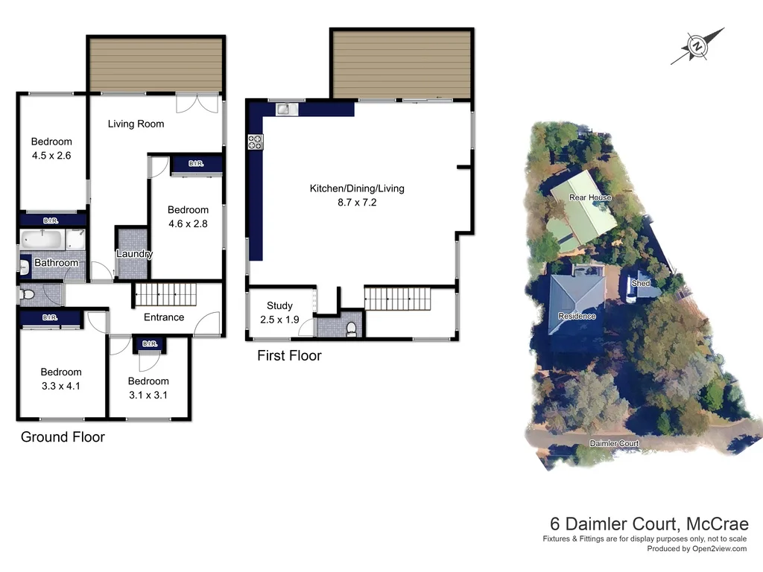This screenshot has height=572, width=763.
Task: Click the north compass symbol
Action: coord(697,46)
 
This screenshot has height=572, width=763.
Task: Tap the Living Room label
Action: coord(136,124)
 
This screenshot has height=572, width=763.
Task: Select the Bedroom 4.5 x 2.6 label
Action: coord(51,148)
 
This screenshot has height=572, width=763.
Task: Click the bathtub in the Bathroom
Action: coord(42,241)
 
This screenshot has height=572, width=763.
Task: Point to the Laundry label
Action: coord(134,254)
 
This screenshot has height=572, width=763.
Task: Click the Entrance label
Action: coord(164,317)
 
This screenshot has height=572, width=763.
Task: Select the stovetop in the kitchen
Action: coord(256,141)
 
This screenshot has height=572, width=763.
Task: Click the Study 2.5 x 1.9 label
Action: coord(279,312)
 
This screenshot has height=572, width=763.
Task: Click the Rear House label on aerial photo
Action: coord(590,197)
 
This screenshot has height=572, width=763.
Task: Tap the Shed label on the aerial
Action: coord(640,284)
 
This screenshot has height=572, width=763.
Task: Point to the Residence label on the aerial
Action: coord(577,317)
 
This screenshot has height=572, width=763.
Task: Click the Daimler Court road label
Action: coord(614,443)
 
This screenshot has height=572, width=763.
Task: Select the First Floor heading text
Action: coord(289,356)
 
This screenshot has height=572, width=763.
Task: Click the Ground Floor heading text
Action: coord(63,437)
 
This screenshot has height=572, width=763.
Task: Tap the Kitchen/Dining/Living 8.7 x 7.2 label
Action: coord(357,195)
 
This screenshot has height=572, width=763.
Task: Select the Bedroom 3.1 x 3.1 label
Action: coord(148,388)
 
